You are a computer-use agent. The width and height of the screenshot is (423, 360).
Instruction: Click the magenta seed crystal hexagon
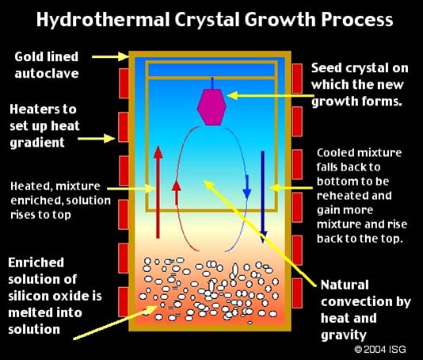coord(211,107)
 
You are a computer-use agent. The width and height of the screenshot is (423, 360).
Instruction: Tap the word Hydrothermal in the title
coord(103,20)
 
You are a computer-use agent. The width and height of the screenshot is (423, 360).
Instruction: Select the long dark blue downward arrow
coord(263,197)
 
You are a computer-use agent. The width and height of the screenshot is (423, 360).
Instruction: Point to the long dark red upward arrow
coord(158,192)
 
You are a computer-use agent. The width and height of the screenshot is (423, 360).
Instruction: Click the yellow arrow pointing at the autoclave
coord(110,57)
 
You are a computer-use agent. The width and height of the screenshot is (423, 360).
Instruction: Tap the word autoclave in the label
coord(47,74)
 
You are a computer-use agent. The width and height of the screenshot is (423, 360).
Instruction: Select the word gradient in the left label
coord(37,143)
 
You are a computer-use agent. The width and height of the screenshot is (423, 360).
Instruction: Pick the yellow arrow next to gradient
coord(97,139)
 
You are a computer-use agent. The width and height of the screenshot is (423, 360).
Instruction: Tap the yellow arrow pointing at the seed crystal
coord(271,95)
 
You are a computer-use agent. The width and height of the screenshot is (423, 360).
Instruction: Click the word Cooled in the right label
coord(334,153)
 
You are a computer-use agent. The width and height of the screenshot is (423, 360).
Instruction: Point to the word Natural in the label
coord(345,285)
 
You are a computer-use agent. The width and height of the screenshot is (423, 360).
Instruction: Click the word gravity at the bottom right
coord(344,335)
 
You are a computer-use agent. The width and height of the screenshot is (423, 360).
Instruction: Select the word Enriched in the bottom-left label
coord(36,262)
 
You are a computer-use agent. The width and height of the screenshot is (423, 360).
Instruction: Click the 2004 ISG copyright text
coord(380,349)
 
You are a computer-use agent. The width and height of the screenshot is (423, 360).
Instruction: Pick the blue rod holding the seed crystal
coord(212,83)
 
